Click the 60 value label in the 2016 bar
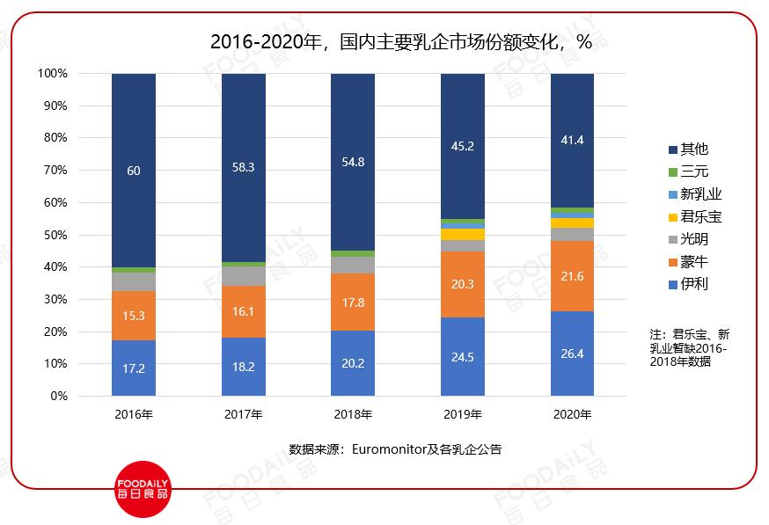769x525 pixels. tap(134, 171)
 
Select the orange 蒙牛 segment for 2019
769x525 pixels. tap(463, 284)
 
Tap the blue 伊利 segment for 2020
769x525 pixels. tap(572, 354)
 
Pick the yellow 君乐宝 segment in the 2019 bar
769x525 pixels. tap(463, 234)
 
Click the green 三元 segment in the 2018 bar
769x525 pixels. tap(353, 254)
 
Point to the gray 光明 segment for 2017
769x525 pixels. tap(243, 276)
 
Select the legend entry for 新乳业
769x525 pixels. tap(695, 194)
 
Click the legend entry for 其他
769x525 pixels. tap(689, 149)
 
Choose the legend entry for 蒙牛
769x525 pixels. tap(689, 262)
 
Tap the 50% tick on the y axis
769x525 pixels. tap(55, 235)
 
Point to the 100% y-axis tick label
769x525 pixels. tap(53, 74)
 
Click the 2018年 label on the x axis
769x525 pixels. tap(353, 415)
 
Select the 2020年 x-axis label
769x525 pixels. tap(572, 415)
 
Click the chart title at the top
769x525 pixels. tap(400, 42)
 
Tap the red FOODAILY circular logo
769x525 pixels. tap(143, 489)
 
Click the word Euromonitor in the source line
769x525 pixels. tap(388, 449)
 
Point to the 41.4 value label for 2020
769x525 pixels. tap(572, 140)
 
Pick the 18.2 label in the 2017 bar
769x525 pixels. tap(243, 368)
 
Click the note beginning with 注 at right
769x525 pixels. tap(690, 348)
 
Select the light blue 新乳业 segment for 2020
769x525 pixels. tap(572, 215)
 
